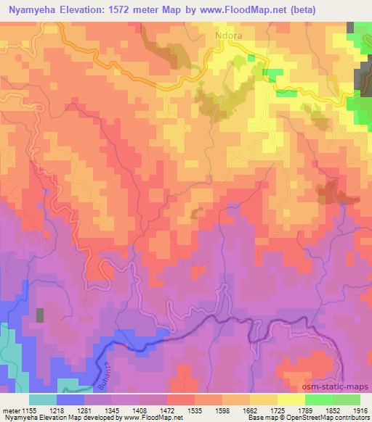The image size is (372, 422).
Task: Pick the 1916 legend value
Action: click(361, 410)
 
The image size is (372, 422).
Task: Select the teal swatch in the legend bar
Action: click(43, 400)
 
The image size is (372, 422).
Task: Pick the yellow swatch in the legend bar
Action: click(291, 400)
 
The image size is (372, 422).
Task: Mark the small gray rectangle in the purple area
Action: click(40, 315)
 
